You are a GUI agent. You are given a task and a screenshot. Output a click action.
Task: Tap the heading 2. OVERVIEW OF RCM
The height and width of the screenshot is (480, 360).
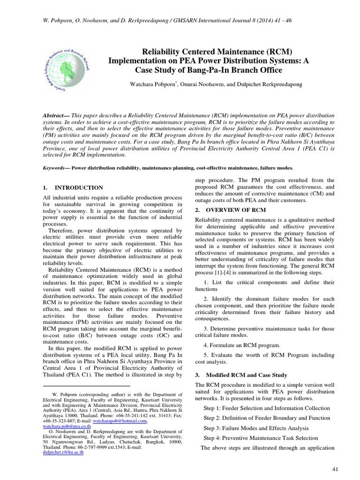tap(230, 210)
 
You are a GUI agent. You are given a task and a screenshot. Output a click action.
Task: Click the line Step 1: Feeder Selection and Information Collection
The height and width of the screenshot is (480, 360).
tap(267, 408)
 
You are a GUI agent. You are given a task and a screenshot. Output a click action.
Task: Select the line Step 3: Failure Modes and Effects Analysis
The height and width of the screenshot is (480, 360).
tap(256, 428)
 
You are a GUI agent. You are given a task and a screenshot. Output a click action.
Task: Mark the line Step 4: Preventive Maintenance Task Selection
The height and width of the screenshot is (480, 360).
tap(261, 438)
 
